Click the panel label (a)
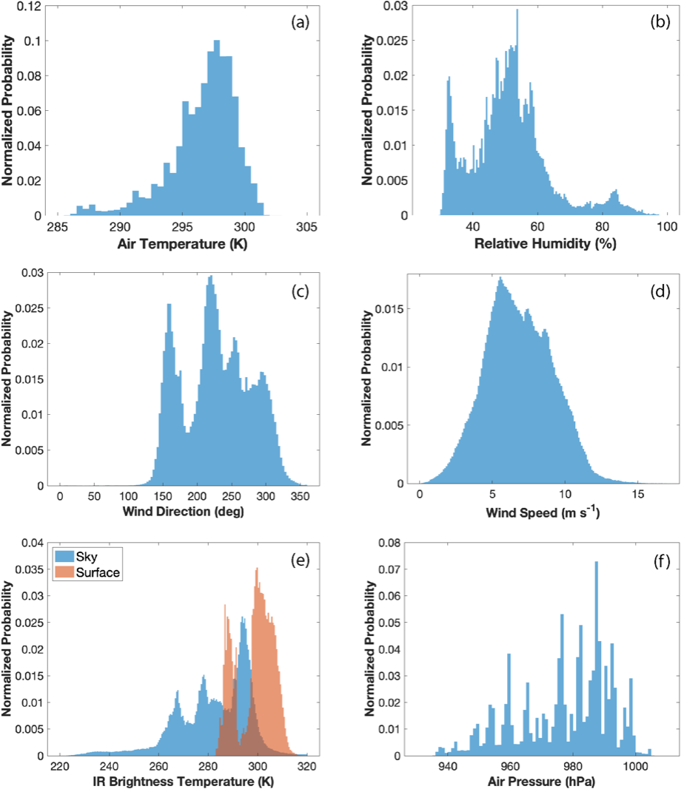(x=300, y=22)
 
